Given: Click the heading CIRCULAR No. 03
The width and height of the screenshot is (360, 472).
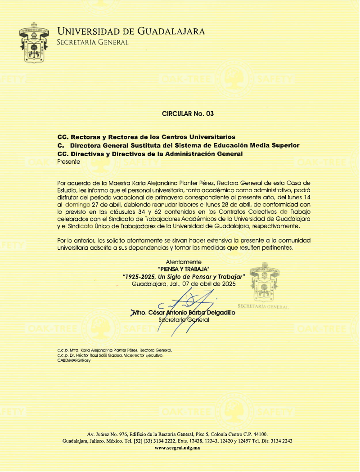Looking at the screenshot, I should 188,114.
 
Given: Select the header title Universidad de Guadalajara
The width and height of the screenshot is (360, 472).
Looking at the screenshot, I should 131,31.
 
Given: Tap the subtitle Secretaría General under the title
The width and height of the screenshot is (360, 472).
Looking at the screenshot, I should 93,42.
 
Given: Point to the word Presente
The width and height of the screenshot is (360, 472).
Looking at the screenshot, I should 69,162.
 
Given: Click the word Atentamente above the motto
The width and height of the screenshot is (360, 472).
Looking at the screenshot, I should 184,262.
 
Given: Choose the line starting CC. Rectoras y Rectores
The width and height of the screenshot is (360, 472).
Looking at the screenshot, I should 146,136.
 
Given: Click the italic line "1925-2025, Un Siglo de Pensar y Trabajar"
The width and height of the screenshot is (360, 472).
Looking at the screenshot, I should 184,276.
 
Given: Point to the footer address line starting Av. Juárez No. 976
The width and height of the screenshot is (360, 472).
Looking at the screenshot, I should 177,434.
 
